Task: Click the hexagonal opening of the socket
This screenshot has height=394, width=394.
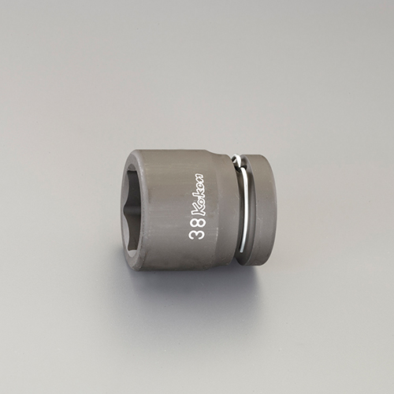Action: [131, 207]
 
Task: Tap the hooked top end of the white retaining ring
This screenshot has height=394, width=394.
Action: [236, 158]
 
